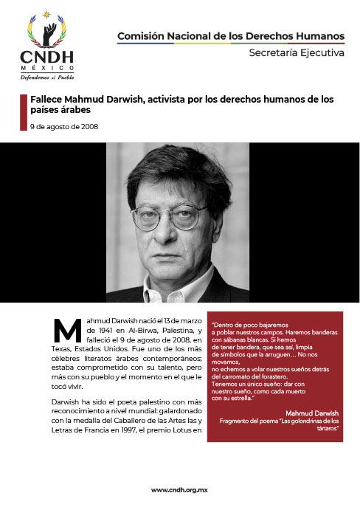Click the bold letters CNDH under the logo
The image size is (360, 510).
(x=47, y=58)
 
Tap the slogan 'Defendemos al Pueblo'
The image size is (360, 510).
(x=47, y=76)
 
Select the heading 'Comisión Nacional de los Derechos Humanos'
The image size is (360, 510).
(x=231, y=35)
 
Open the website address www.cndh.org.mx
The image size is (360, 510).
(x=180, y=489)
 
